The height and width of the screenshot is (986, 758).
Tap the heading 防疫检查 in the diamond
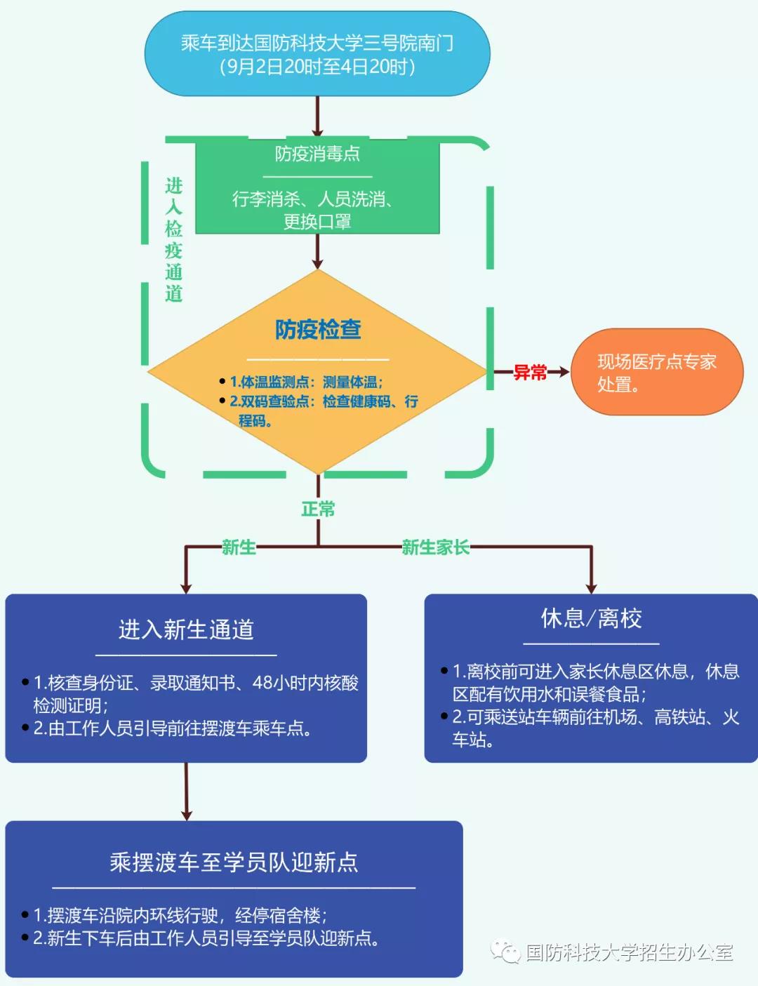(x=318, y=329)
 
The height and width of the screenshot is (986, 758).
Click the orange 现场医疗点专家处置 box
(x=657, y=372)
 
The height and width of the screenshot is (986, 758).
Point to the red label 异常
(x=530, y=373)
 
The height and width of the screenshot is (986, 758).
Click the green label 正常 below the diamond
(x=318, y=509)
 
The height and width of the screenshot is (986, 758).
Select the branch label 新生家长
(x=435, y=547)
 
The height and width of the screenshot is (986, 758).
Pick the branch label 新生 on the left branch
(x=239, y=547)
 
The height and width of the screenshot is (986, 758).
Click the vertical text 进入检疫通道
(x=173, y=239)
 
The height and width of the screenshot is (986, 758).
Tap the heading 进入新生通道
(x=186, y=629)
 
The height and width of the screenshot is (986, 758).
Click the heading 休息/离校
(x=591, y=618)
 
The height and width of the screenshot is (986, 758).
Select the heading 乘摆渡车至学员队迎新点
(x=234, y=862)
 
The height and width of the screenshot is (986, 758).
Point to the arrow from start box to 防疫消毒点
(x=317, y=116)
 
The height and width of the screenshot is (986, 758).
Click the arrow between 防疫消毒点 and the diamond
(x=317, y=251)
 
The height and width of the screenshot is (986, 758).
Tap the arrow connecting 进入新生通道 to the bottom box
(x=186, y=792)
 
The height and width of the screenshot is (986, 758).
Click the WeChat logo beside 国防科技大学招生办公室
(x=505, y=952)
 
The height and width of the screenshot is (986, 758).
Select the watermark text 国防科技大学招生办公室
(x=630, y=952)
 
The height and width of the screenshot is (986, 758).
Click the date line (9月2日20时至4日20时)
(x=317, y=67)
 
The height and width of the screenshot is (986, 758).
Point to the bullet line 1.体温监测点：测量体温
(x=306, y=382)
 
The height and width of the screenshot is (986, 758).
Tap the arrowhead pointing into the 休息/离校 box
(x=591, y=588)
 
